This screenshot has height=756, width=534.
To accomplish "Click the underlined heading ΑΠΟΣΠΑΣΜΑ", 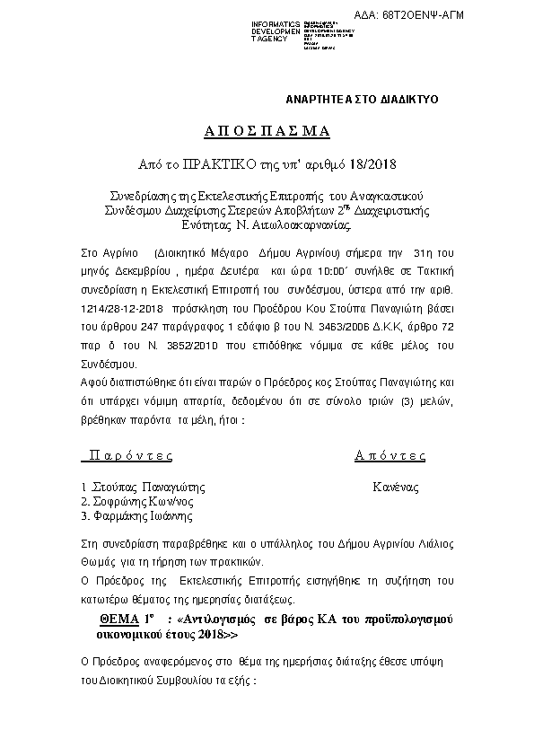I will [x=267, y=131].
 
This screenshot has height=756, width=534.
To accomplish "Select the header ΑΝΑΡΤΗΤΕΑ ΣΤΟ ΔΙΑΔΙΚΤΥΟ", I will [x=362, y=99].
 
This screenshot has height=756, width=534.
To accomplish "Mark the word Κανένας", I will [x=396, y=487].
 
